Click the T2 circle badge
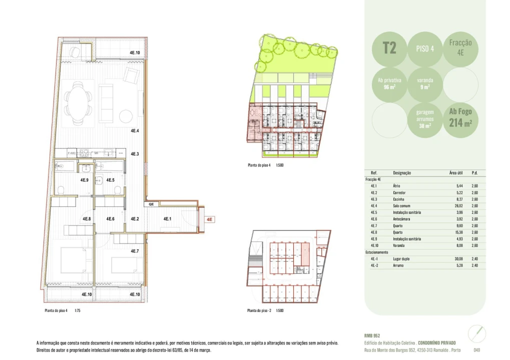click(x=390, y=48)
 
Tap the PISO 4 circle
click(x=425, y=48)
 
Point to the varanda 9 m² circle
click(x=425, y=83)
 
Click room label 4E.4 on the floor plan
click(x=135, y=130)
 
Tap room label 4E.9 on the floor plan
click(x=85, y=180)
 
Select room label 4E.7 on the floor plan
click(x=135, y=251)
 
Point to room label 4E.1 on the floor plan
click(x=167, y=219)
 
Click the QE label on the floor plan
click(x=151, y=204)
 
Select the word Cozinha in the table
click(x=399, y=199)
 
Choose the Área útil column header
click(x=455, y=172)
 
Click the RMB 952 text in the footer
click(x=373, y=335)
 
